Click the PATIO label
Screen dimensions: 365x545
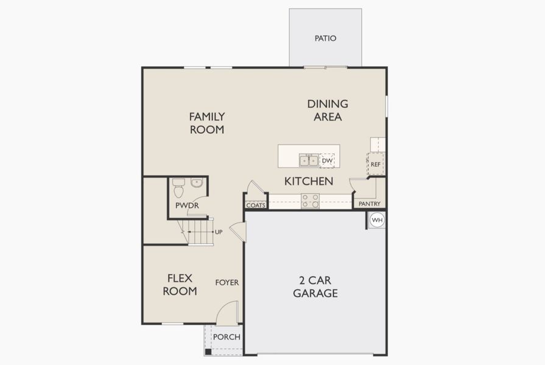325,38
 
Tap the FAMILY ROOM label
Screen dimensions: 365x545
207,123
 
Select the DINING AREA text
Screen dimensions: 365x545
328,110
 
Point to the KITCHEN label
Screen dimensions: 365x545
309,181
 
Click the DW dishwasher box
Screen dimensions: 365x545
328,161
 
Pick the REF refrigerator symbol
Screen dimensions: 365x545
376,164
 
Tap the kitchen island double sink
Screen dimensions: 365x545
309,161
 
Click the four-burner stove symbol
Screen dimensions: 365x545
310,201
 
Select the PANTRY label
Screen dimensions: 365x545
370,204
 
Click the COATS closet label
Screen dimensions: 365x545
256,205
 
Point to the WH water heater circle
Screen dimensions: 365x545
377,220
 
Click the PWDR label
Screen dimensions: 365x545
187,206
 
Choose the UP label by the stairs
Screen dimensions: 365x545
218,232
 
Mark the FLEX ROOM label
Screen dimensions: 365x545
180,285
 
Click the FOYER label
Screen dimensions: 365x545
227,282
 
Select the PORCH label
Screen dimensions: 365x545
227,337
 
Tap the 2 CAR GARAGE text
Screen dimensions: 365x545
315,287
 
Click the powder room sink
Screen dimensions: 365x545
197,183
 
